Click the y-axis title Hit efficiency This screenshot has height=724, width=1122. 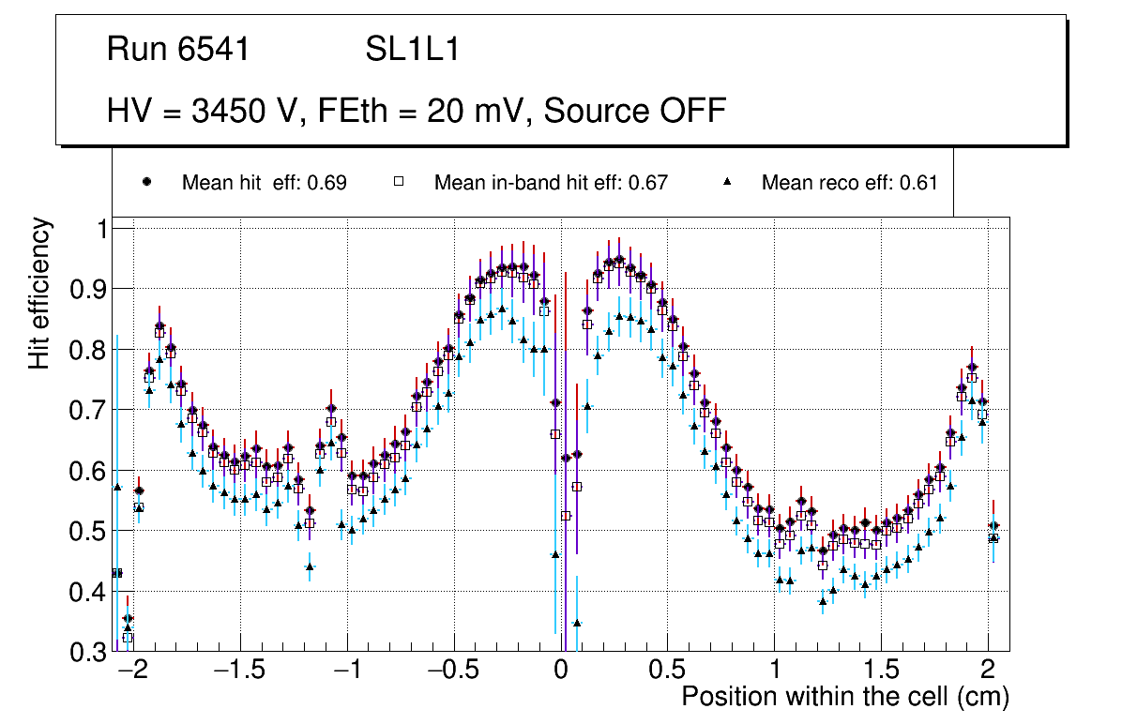39,293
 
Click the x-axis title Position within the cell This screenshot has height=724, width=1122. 844,698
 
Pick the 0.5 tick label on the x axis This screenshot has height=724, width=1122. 667,672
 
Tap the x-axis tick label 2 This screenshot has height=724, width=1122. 988,672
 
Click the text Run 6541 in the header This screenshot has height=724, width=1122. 178,50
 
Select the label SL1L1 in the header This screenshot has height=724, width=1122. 412,50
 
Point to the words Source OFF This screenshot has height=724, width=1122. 635,111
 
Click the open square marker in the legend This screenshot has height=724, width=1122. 398,183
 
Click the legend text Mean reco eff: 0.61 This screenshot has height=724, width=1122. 849,183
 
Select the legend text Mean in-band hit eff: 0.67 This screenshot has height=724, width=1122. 551,183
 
